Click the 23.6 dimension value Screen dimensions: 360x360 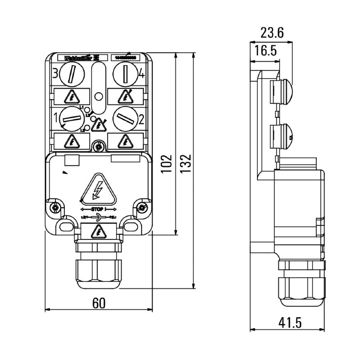272,32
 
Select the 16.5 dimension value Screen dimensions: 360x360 265,50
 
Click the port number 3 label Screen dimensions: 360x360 55,73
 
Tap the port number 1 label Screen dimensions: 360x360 56,119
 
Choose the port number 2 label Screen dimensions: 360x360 141,119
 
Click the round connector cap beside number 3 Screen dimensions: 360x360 72,73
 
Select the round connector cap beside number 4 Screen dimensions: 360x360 125,73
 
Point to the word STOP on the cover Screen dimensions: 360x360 98,209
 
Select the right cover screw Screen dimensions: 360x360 141,207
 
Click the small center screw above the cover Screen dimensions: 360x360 98,145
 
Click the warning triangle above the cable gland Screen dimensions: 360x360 98,232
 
